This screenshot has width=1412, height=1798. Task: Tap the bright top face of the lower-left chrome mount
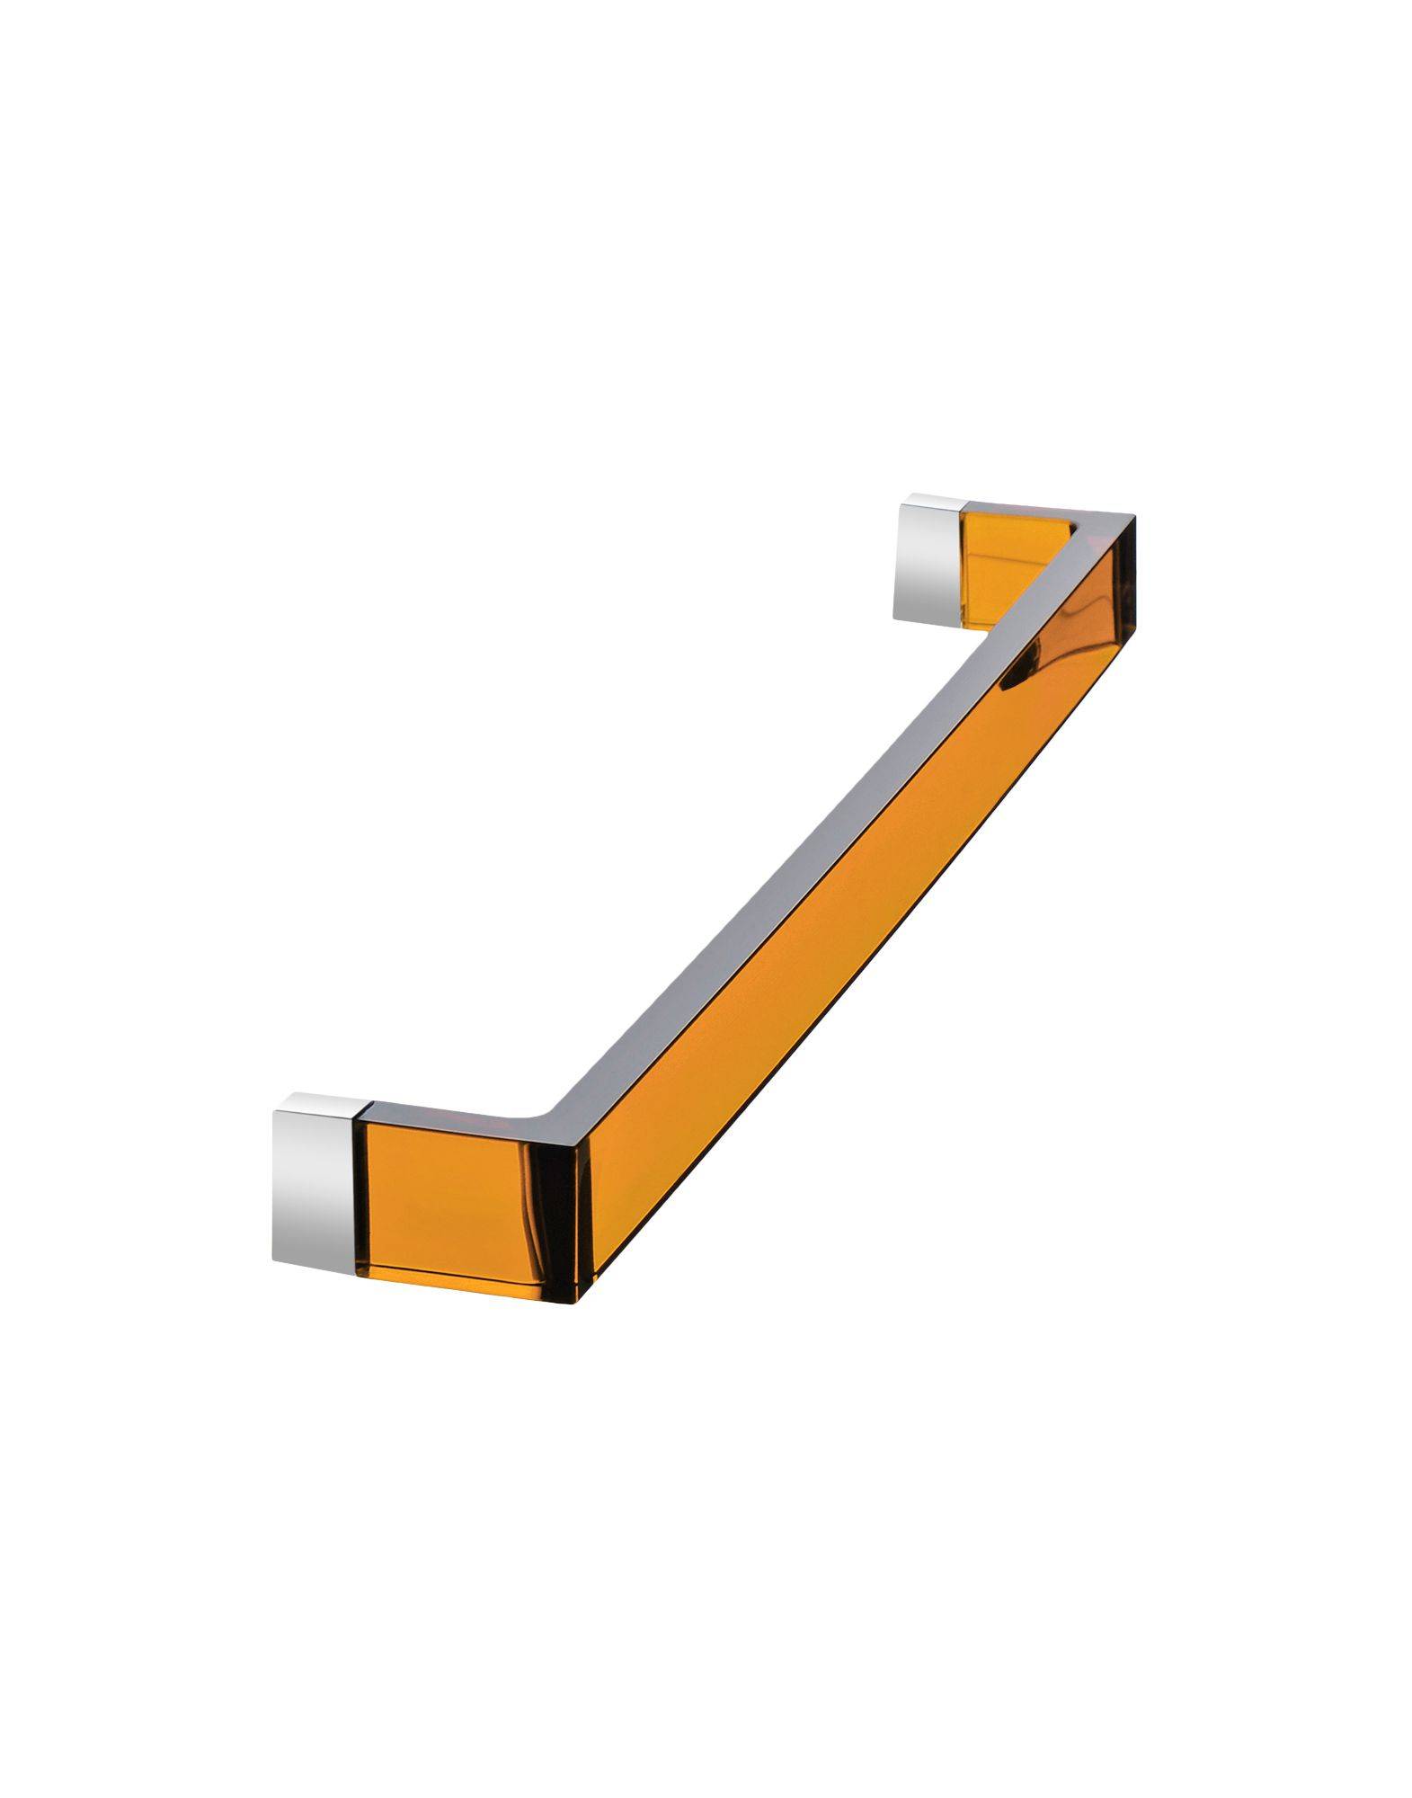point(319,1102)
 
